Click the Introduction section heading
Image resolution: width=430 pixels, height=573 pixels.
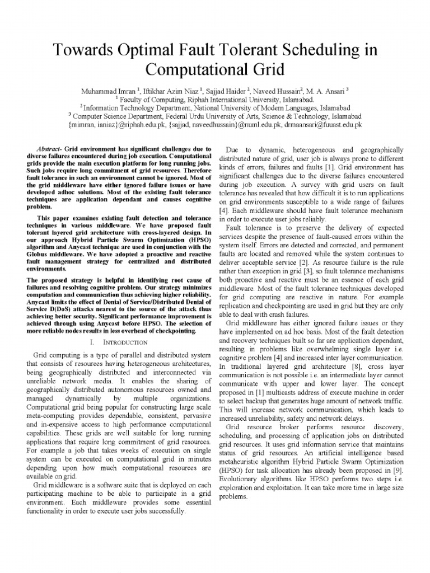(x=124, y=341)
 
